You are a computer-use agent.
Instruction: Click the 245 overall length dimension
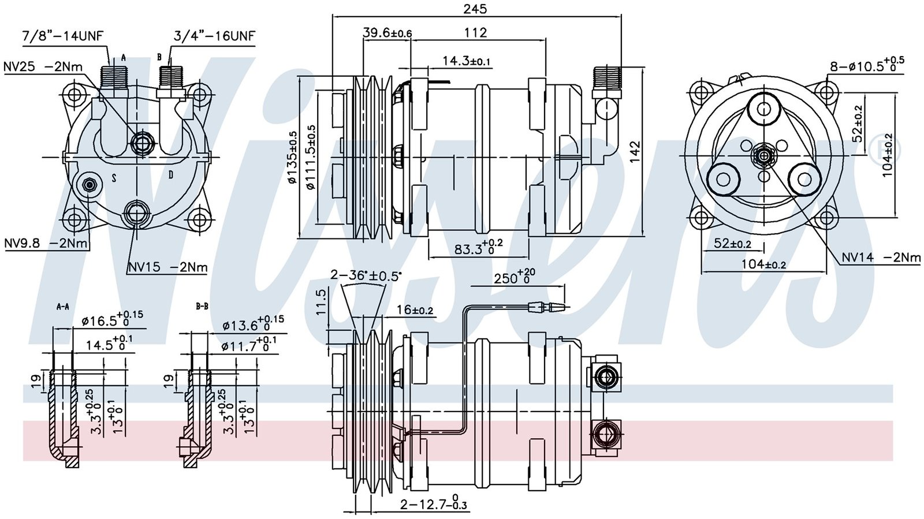(475, 9)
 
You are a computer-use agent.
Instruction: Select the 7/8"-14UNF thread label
(62, 36)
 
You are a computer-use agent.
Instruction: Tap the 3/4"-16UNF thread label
(214, 36)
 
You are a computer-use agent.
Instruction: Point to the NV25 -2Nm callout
(43, 66)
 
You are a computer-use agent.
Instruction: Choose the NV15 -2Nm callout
(167, 267)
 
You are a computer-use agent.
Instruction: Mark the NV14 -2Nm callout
(881, 257)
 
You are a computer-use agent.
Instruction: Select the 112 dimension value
(475, 33)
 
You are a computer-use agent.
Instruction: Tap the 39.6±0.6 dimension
(387, 33)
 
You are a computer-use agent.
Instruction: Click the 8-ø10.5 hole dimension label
(867, 65)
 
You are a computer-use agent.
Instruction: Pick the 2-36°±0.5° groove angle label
(365, 275)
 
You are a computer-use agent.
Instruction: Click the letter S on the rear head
(114, 178)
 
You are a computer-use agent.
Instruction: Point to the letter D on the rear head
(171, 174)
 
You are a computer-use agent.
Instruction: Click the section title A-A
(62, 307)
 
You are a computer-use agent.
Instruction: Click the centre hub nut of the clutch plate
(764, 156)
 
